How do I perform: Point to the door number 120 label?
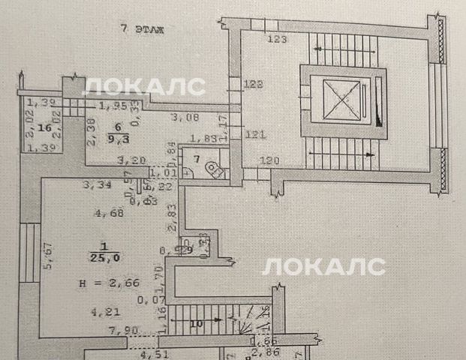269,160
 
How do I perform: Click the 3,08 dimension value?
184,118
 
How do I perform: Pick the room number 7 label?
197,159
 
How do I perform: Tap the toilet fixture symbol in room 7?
216,169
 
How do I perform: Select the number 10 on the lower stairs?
197,324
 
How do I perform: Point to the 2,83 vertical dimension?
171,215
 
